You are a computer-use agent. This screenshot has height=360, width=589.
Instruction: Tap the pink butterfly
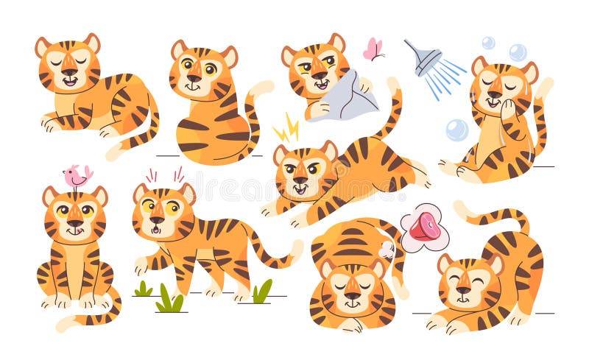tap(373, 49)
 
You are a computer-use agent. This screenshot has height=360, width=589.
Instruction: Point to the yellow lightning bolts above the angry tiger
tap(286, 131)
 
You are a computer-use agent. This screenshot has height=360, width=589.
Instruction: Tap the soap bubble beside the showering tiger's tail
tap(456, 130)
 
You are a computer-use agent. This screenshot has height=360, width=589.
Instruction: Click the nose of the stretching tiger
tap(463, 290)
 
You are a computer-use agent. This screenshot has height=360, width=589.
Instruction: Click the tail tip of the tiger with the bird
tap(63, 324)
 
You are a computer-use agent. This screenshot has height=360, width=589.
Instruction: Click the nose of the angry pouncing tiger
tap(299, 180)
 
